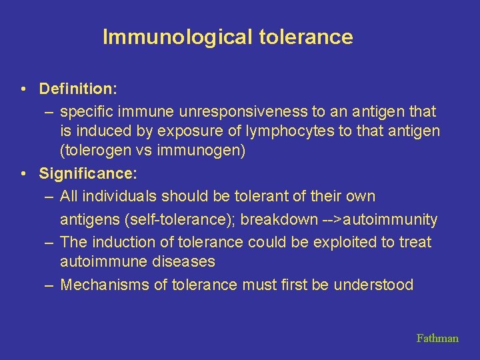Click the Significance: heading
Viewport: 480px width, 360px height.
click(x=87, y=174)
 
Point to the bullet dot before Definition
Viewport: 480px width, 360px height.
click(x=23, y=89)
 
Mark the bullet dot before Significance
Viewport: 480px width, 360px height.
click(x=23, y=175)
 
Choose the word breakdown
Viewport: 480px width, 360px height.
click(x=285, y=219)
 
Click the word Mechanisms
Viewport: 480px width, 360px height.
click(x=100, y=285)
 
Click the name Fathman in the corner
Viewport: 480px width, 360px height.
click(x=437, y=338)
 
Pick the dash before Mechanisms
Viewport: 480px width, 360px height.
click(x=49, y=285)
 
